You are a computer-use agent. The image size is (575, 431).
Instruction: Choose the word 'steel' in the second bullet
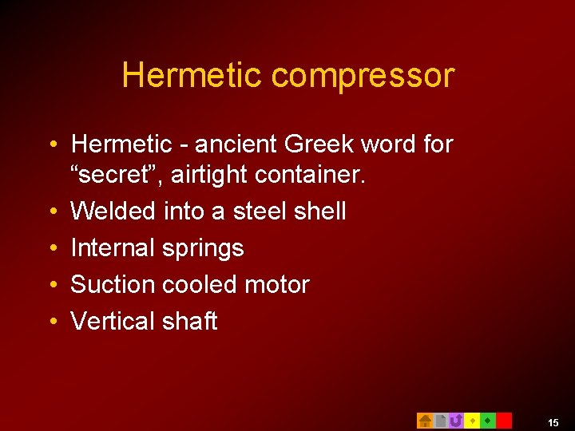(263, 212)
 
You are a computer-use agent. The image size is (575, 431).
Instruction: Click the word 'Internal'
(113, 248)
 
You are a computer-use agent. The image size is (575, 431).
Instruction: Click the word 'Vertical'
(113, 321)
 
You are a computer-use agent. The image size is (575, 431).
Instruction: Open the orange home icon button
(425, 421)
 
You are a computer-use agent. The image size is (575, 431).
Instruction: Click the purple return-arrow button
(456, 421)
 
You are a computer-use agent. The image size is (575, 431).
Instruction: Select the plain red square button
(504, 421)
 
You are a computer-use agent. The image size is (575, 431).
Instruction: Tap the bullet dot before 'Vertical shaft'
(52, 321)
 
